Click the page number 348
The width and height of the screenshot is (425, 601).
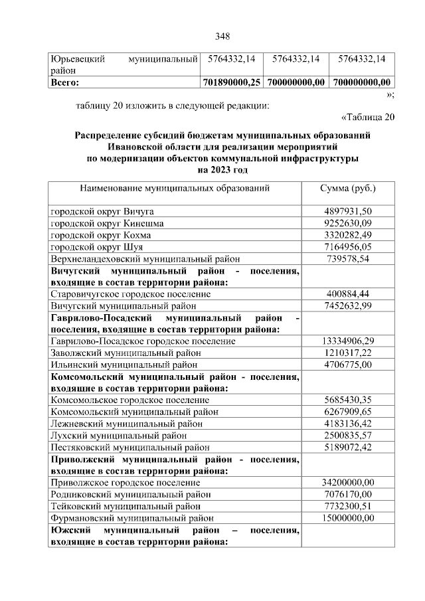coord(222,36)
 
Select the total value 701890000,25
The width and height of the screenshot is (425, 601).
coord(232,82)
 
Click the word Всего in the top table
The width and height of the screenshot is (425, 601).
coord(65,82)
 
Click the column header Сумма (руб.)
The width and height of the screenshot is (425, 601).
coord(348,188)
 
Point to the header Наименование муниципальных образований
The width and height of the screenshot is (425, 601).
coord(175,188)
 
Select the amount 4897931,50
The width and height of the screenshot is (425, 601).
coord(349,211)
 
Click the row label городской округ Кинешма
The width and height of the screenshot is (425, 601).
coord(108,222)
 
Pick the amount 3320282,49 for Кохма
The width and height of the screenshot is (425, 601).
coord(349,234)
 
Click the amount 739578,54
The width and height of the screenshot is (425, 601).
coord(349,258)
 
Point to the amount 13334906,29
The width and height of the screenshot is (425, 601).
coord(349,341)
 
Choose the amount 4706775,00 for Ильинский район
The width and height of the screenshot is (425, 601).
coord(349,365)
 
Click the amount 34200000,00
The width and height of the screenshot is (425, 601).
coord(349,482)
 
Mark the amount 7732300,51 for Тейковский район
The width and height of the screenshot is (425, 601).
coord(349,506)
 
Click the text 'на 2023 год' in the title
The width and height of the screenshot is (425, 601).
coord(222,170)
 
